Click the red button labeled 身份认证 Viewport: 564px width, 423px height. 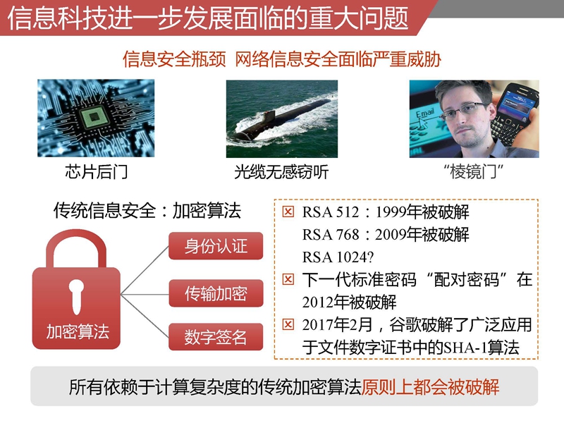[216, 246]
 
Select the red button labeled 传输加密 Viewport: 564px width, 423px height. [216, 293]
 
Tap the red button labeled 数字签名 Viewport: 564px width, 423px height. [216, 337]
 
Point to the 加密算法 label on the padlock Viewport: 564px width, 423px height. [78, 331]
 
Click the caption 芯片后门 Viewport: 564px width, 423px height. [96, 171]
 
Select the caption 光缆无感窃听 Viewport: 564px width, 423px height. [281, 172]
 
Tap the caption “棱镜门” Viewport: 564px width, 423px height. [474, 171]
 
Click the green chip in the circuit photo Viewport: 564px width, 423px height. [94, 117]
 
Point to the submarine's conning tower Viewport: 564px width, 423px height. [268, 117]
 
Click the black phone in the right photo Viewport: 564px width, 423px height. [515, 112]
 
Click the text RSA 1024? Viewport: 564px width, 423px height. [338, 257]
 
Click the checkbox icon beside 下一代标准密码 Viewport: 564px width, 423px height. [288, 279]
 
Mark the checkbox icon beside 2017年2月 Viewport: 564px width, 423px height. [288, 324]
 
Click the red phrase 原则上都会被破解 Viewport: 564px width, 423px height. [430, 387]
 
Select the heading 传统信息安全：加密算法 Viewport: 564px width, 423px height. [147, 210]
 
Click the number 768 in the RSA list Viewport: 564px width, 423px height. [347, 235]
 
